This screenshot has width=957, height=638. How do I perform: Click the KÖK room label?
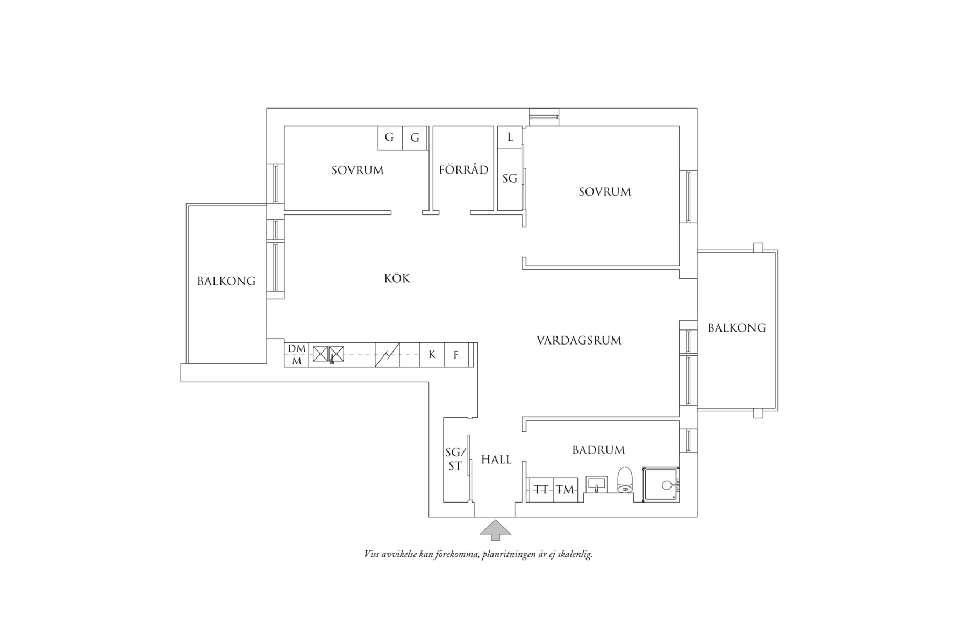coord(397,278)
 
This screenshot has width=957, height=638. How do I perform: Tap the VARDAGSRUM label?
coord(579,340)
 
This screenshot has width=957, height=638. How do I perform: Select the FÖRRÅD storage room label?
coord(463,170)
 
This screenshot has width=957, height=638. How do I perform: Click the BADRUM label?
coord(598,450)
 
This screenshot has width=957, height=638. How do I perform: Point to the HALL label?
coord(496,460)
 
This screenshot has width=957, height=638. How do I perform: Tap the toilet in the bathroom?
coord(624,480)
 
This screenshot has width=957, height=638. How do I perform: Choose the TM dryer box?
coord(565,490)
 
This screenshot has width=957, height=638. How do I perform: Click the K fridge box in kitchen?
coord(432,355)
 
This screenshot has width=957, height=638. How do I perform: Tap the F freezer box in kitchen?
coord(456,355)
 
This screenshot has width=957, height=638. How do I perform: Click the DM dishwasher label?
coord(296,349)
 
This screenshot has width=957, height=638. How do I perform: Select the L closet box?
coord(510,138)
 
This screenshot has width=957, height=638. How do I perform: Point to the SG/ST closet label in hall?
coord(454,460)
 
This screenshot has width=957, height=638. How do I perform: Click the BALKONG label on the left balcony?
coord(226,281)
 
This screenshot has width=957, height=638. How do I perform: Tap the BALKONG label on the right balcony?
coord(736,328)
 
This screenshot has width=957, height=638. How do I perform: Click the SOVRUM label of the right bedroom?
coord(604,192)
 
